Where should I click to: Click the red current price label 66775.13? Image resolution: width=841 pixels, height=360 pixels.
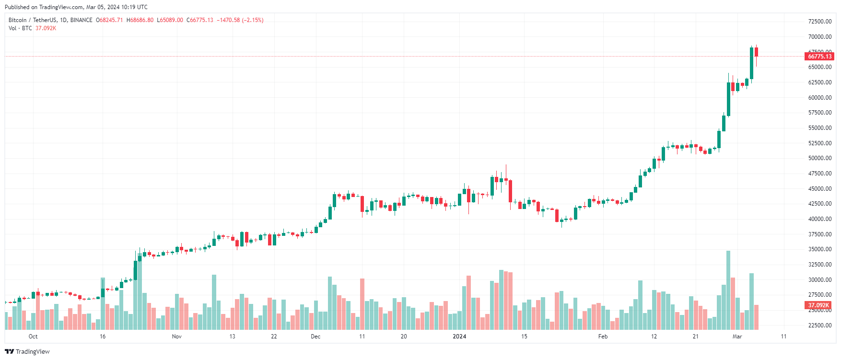point(819,57)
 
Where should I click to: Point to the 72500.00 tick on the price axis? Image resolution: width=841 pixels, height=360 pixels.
point(819,22)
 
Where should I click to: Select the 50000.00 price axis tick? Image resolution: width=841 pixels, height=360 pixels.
point(819,158)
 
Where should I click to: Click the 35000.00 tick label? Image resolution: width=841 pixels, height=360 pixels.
point(819,249)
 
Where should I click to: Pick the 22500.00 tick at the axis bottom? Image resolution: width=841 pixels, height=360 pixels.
point(819,325)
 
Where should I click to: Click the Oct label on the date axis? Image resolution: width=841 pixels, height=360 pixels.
point(33,337)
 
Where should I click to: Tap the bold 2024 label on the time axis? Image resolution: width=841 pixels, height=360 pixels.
point(459,337)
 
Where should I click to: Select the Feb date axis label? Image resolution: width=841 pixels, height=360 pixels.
point(603,337)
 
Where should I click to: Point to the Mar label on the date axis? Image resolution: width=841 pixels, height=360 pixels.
point(737,337)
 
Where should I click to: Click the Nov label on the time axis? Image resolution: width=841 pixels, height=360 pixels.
point(176,337)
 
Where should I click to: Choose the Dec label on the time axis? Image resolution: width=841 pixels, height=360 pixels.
point(315,337)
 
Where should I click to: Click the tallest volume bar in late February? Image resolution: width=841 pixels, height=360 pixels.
point(728,290)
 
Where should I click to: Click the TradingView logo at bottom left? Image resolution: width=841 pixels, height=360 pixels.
point(27,351)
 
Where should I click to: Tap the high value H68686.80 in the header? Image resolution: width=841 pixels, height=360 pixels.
point(140,20)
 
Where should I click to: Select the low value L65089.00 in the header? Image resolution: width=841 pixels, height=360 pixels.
point(170,20)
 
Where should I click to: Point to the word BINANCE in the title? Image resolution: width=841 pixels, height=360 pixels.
point(81,20)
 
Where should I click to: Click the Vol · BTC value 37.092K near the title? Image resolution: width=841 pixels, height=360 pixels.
point(46,28)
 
